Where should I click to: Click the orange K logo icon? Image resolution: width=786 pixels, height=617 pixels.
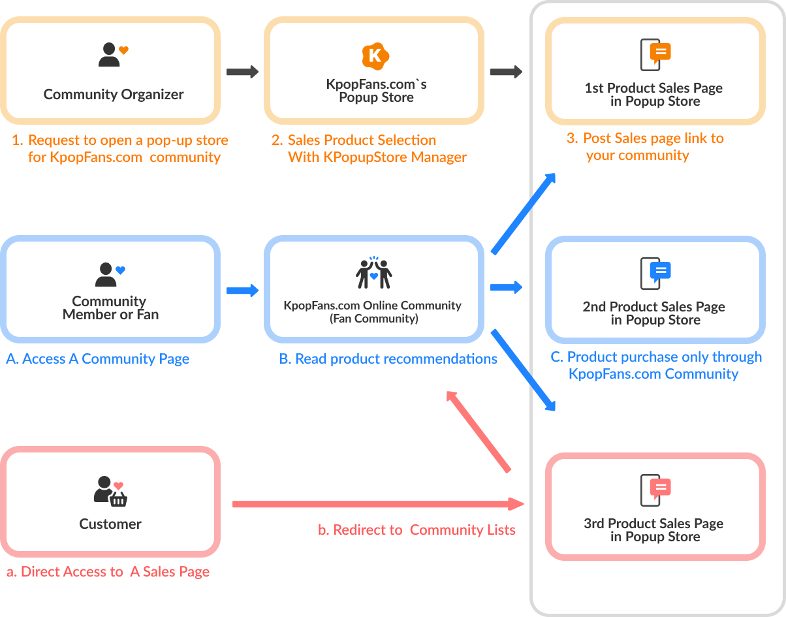tap(375, 56)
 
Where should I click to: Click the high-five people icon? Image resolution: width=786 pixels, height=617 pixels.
tap(374, 272)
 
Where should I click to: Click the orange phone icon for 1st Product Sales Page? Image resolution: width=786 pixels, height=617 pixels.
tap(655, 55)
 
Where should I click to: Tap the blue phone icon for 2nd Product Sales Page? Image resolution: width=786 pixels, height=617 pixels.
tap(655, 274)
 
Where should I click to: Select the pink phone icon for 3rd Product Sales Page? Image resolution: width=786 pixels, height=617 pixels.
tap(655, 490)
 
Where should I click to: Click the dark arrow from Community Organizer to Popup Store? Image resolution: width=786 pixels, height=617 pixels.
tap(243, 72)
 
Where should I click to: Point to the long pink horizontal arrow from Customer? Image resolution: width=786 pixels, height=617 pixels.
tap(379, 504)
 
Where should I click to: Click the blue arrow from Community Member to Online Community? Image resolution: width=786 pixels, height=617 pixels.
tap(243, 291)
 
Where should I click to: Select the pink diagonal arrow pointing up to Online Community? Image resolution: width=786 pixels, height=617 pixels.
tap(478, 431)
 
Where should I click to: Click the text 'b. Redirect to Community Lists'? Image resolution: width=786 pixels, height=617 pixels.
tap(417, 530)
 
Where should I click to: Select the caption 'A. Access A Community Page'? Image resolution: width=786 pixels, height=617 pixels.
tap(98, 359)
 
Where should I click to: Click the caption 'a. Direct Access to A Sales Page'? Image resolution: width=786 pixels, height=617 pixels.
tap(108, 572)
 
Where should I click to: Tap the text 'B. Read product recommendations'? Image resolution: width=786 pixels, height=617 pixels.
tap(388, 359)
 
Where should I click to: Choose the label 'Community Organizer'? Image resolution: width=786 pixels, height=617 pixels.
tap(114, 95)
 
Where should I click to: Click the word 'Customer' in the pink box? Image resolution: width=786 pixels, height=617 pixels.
tap(110, 524)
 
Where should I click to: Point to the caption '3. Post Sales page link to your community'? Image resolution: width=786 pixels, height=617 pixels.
tap(645, 147)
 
